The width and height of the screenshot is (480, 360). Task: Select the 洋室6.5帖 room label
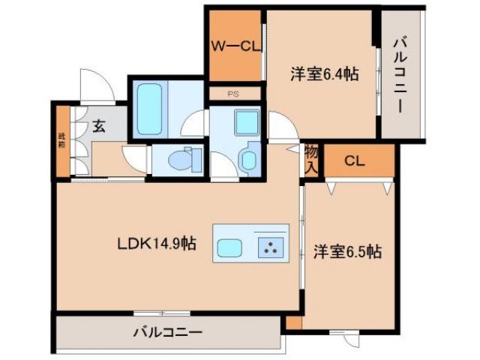pos(347,252)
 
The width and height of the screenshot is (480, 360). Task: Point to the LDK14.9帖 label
pos(156,243)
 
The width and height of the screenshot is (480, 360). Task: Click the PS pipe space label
pos(234,94)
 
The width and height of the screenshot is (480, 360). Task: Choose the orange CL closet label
pos(355,160)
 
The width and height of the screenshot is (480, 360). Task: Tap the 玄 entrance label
pos(99,126)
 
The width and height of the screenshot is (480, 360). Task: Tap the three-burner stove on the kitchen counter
pos(270,248)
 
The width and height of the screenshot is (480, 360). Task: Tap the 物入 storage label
pos(312,159)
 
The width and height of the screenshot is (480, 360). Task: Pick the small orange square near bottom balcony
pos(293,322)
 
